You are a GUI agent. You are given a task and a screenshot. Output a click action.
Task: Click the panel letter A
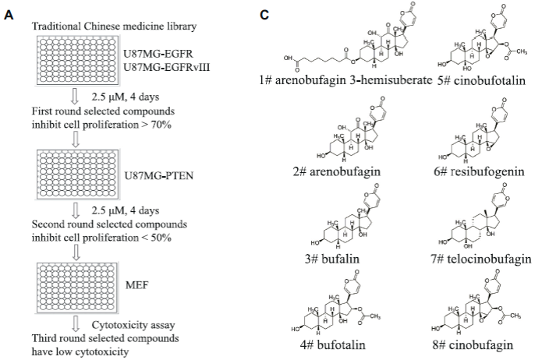click(9, 15)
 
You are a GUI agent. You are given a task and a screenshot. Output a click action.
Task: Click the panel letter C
click(264, 15)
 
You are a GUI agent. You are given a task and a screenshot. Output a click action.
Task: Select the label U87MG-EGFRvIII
click(167, 67)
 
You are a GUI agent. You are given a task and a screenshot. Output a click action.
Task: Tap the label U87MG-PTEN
click(158, 176)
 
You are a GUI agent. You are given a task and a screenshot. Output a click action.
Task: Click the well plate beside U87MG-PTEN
click(78, 174)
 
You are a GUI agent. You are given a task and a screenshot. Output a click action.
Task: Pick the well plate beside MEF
click(76, 288)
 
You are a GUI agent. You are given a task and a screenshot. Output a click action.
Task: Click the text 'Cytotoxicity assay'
click(133, 325)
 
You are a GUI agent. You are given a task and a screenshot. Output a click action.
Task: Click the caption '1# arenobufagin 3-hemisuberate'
click(345, 80)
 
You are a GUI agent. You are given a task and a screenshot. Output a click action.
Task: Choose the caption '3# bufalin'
click(332, 259)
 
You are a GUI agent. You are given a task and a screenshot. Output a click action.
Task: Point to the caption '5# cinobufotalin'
click(481, 80)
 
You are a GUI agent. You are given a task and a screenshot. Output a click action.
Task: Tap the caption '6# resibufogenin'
click(479, 171)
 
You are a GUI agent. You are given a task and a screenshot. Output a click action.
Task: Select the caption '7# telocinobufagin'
click(481, 259)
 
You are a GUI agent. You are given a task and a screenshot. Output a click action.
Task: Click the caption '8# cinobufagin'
click(473, 344)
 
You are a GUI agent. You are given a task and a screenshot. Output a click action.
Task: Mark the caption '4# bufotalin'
click(332, 344)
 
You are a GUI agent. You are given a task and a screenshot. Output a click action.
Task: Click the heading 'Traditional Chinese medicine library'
click(115, 26)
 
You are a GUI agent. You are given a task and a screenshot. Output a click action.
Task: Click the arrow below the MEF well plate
click(76, 324)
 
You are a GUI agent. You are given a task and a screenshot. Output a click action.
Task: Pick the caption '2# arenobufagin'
click(337, 171)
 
